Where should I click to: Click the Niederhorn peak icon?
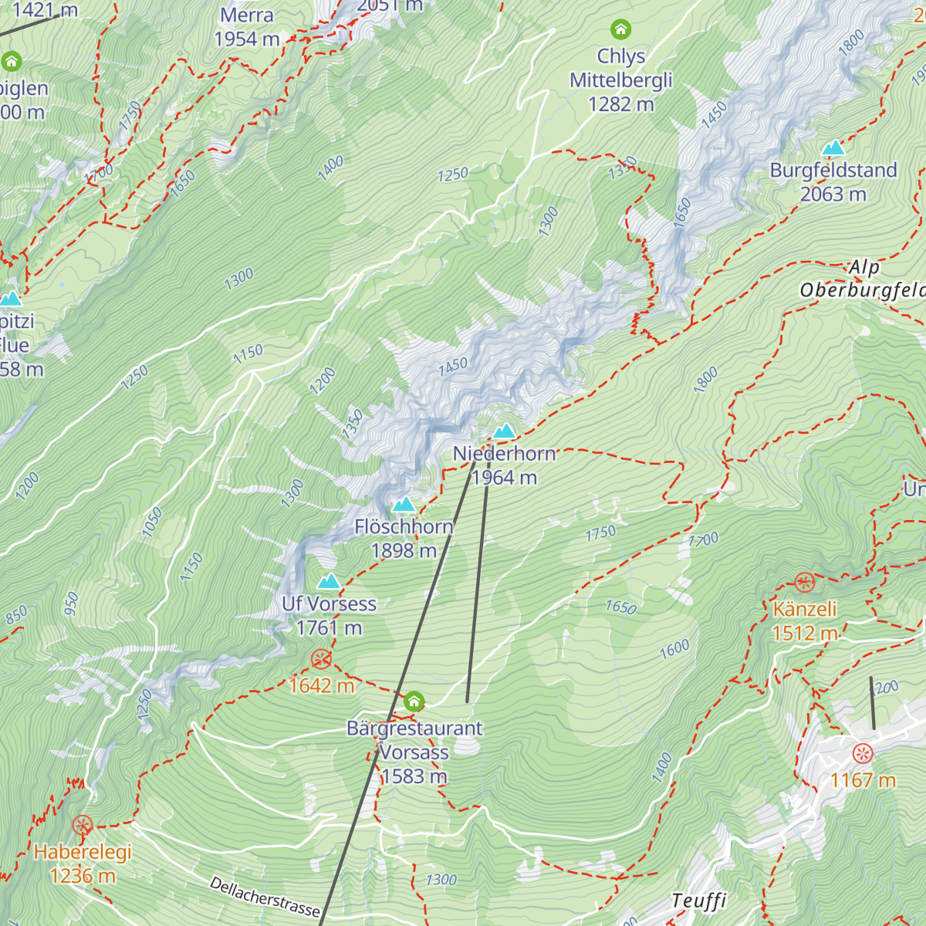tap(505, 431)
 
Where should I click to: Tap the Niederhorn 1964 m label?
tap(505, 465)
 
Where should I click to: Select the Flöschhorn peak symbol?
tap(404, 505)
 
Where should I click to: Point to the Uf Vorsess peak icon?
tap(329, 581)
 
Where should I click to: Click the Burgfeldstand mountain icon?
tap(833, 147)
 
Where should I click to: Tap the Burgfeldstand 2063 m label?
tap(833, 182)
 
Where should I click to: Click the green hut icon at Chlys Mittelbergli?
tap(620, 30)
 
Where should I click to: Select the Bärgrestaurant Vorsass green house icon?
tap(414, 701)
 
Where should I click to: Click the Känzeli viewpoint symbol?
tap(804, 582)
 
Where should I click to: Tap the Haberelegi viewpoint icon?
tap(82, 826)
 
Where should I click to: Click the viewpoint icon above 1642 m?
tap(321, 658)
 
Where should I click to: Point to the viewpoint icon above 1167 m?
tap(862, 753)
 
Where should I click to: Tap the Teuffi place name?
tap(699, 901)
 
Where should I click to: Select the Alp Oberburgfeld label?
tap(863, 279)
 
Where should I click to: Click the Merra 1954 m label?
tap(247, 27)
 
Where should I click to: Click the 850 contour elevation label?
tap(16, 615)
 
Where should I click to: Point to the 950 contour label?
tap(72, 603)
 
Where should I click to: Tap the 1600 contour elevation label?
tap(674, 650)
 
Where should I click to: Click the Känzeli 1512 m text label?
tap(805, 620)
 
